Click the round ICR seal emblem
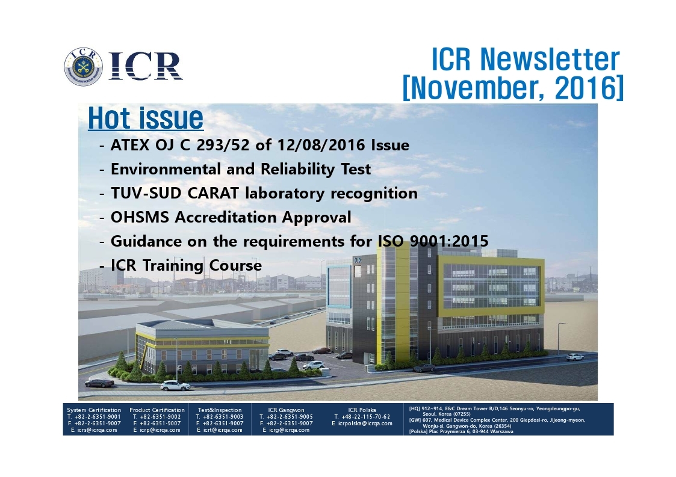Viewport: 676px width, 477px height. pyautogui.click(x=84, y=66)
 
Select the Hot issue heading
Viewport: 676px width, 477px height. pyautogui.click(x=146, y=118)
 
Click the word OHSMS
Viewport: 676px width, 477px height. pyautogui.click(x=140, y=217)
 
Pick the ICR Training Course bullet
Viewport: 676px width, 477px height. pyautogui.click(x=186, y=265)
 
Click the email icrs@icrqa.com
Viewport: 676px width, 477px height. pyautogui.click(x=94, y=429)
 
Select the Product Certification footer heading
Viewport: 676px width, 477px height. pyautogui.click(x=157, y=410)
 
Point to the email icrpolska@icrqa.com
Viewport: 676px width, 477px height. pyautogui.click(x=362, y=423)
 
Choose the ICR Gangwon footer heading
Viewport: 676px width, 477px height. pyautogui.click(x=287, y=410)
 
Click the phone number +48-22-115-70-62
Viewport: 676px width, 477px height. pyautogui.click(x=362, y=417)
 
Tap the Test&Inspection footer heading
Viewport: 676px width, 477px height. pyautogui.click(x=220, y=410)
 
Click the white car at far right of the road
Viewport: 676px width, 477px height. pyautogui.click(x=575, y=357)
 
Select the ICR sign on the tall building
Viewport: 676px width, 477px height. pyautogui.click(x=358, y=260)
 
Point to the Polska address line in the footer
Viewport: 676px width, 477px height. pyautogui.click(x=461, y=431)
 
